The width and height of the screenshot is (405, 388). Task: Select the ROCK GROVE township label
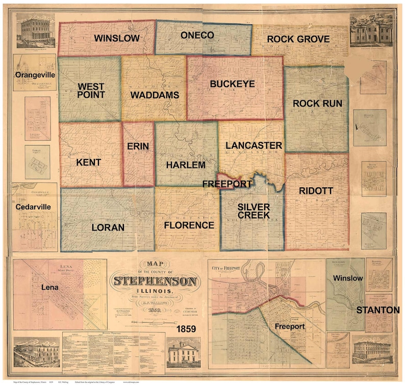[298, 39]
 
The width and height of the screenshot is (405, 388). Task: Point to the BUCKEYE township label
[232, 84]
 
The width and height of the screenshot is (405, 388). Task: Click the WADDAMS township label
[154, 95]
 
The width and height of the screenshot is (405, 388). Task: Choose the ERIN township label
[138, 146]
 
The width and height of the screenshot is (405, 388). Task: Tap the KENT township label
[89, 162]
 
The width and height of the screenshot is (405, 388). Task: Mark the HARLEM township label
[186, 164]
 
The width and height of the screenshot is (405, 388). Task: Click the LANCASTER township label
[254, 146]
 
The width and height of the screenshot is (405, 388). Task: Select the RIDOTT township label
[316, 190]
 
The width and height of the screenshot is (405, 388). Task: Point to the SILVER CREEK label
[254, 211]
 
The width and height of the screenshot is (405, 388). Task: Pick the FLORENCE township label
[189, 225]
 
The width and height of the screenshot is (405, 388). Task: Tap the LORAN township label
[108, 228]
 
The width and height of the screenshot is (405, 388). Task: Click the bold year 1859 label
[187, 330]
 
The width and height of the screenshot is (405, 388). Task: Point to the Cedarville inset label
[34, 207]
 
